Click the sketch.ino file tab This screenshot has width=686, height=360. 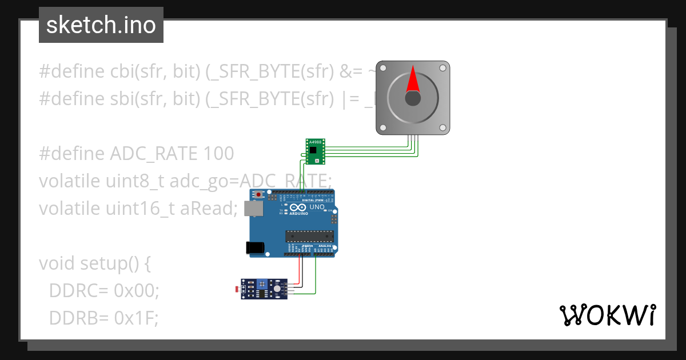[x=101, y=25]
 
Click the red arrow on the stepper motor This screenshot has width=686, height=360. [x=413, y=80]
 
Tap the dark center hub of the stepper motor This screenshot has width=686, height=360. [x=413, y=98]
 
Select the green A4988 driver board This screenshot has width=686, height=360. [x=316, y=151]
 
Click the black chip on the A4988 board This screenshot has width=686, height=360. [x=313, y=150]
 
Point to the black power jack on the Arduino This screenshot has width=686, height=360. [x=254, y=247]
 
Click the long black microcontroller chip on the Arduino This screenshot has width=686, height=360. [x=309, y=236]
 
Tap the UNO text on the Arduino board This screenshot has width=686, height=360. [x=317, y=207]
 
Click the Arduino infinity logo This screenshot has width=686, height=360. [x=298, y=207]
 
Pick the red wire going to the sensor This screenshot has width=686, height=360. [x=301, y=271]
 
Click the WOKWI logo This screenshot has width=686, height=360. [x=607, y=315]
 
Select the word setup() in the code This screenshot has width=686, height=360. [x=107, y=263]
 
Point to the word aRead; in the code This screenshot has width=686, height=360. [x=208, y=209]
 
